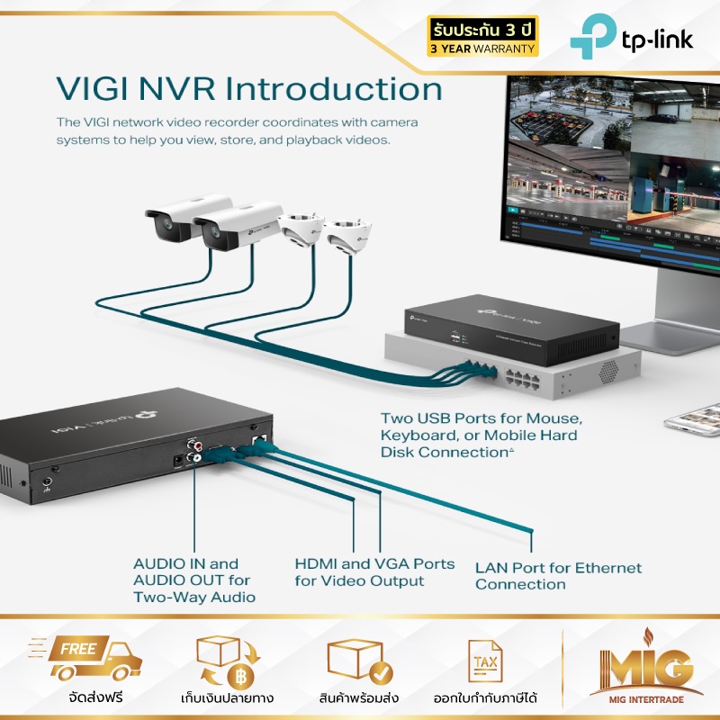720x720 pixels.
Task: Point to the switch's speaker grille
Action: pyautogui.click(x=610, y=369)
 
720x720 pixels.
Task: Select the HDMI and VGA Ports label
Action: pyautogui.click(x=374, y=571)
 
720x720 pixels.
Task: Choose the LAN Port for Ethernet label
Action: pyautogui.click(x=558, y=576)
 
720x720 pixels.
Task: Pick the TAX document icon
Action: pyautogui.click(x=485, y=662)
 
